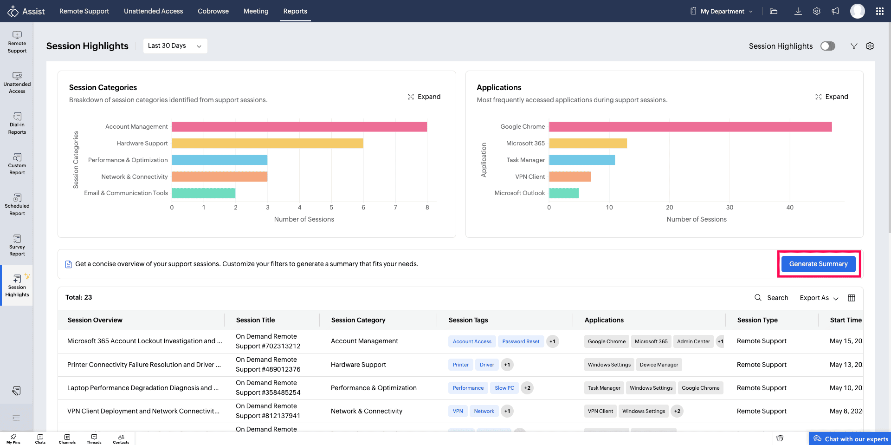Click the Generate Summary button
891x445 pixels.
point(819,264)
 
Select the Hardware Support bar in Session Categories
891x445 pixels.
point(268,143)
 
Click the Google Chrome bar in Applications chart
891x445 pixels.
point(691,126)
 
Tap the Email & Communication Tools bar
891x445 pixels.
point(204,193)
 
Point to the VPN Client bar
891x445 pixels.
point(570,177)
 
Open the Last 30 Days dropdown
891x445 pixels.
point(175,46)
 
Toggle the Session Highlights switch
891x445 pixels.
point(828,46)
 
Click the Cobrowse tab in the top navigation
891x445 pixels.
point(213,11)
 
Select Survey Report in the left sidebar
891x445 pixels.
point(17,245)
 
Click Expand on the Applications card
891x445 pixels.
point(832,97)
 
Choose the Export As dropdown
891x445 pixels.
point(819,298)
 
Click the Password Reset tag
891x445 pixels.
point(521,341)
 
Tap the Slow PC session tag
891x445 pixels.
point(504,388)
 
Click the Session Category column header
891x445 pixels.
point(358,320)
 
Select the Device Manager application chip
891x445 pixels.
point(659,365)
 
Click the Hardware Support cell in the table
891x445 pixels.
point(358,365)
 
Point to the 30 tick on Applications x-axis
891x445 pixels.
point(730,207)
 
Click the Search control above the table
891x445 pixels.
point(771,298)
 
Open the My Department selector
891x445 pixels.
point(722,11)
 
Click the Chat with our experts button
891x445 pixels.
point(851,439)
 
